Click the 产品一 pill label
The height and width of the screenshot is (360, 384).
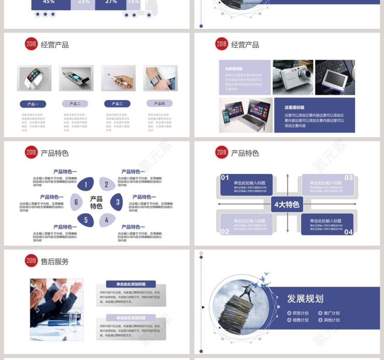pyautogui.click(x=33, y=104)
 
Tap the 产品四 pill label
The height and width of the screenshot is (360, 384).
pyautogui.click(x=160, y=104)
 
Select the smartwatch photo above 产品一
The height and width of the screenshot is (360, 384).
pyautogui.click(x=34, y=78)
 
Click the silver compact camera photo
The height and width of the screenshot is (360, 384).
pyautogui.click(x=293, y=77)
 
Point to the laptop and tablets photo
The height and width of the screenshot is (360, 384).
pyautogui.click(x=245, y=115)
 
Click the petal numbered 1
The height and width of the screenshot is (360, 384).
pyautogui.click(x=85, y=185)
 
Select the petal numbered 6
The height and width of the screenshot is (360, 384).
pyautogui.click(x=76, y=202)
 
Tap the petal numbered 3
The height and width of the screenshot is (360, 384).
pyautogui.click(x=117, y=202)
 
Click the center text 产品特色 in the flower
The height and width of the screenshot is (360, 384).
pyautogui.click(x=96, y=202)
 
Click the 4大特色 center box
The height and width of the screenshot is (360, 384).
pyautogui.click(x=287, y=204)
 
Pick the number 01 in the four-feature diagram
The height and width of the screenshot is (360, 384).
pyautogui.click(x=225, y=178)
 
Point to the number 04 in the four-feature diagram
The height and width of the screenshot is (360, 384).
pyautogui.click(x=348, y=232)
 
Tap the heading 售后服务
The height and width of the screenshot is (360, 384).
pyautogui.click(x=54, y=261)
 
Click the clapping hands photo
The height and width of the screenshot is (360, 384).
pyautogui.click(x=57, y=309)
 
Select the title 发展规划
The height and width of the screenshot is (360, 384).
pyautogui.click(x=305, y=298)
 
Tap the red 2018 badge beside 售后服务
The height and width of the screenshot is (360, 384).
pyautogui.click(x=31, y=261)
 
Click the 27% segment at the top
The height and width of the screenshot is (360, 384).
pyautogui.click(x=111, y=2)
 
